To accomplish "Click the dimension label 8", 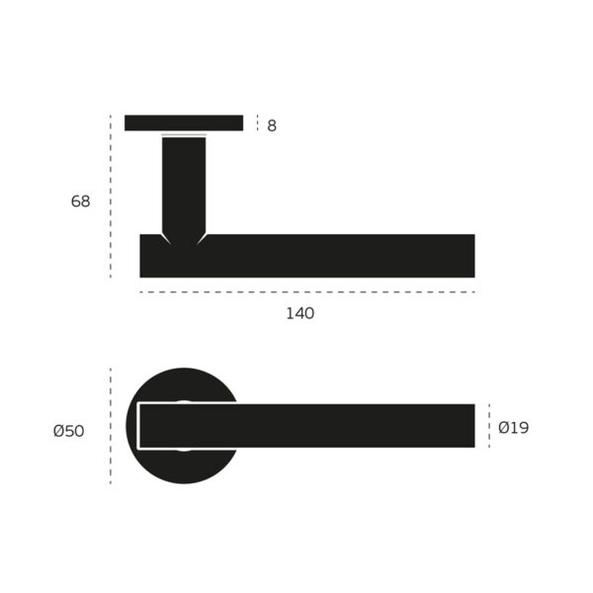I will click(272, 126).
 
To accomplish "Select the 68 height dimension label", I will click(80, 202).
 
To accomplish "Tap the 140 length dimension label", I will click(300, 313).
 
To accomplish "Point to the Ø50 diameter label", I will click(68, 431).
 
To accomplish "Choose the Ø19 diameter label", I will click(513, 428).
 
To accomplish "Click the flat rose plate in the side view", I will click(184, 123).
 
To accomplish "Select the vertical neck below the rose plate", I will click(184, 183).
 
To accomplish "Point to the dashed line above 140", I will click(306, 293).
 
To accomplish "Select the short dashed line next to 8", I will click(257, 123).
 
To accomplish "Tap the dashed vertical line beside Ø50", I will click(111, 426).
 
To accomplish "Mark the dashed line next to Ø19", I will click(488, 426).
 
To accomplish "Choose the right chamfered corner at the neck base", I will click(202, 238).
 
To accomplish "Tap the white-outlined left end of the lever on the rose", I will click(139, 426).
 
